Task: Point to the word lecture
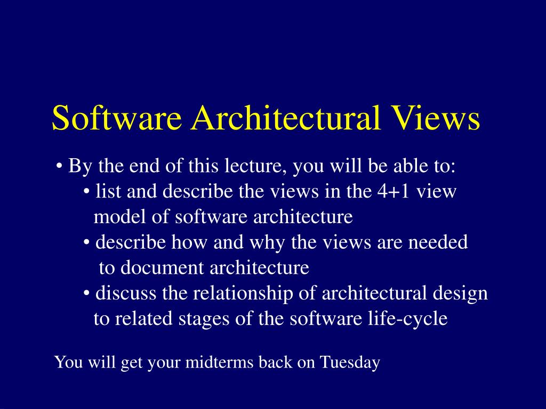[255, 167]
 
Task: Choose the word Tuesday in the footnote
[350, 363]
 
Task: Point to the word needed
[438, 243]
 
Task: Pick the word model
[114, 217]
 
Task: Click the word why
[271, 243]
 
